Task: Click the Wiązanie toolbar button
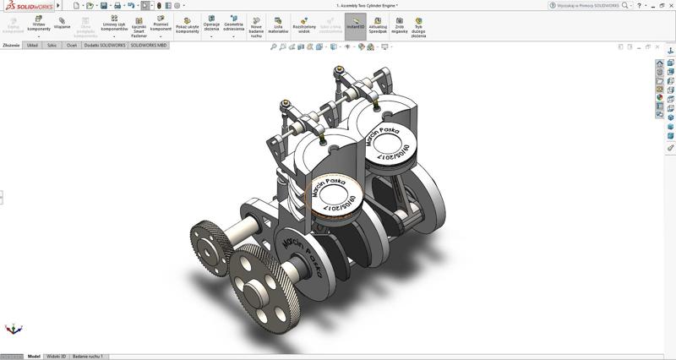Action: (63, 23)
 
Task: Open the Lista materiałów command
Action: (278, 25)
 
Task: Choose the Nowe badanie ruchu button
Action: (256, 26)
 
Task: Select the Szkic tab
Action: (52, 45)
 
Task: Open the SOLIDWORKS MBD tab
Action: (148, 45)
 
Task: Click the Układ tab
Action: (32, 45)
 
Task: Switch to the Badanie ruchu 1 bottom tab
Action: (88, 357)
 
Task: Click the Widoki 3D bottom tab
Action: (56, 357)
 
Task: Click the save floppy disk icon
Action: (104, 5)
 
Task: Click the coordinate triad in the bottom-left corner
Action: (14, 328)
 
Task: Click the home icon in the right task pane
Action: (660, 63)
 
